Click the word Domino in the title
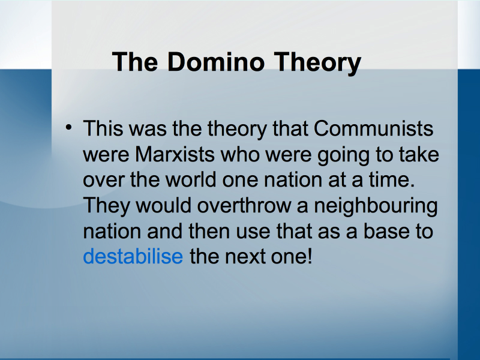(216, 62)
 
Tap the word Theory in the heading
(317, 64)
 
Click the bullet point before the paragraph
(69, 127)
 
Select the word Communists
(373, 128)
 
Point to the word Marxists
(175, 154)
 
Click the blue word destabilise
(133, 256)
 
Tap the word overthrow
(244, 205)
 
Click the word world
(190, 179)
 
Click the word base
(386, 231)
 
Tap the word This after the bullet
(103, 128)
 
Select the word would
(164, 205)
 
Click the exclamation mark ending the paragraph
(310, 256)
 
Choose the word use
(253, 232)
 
